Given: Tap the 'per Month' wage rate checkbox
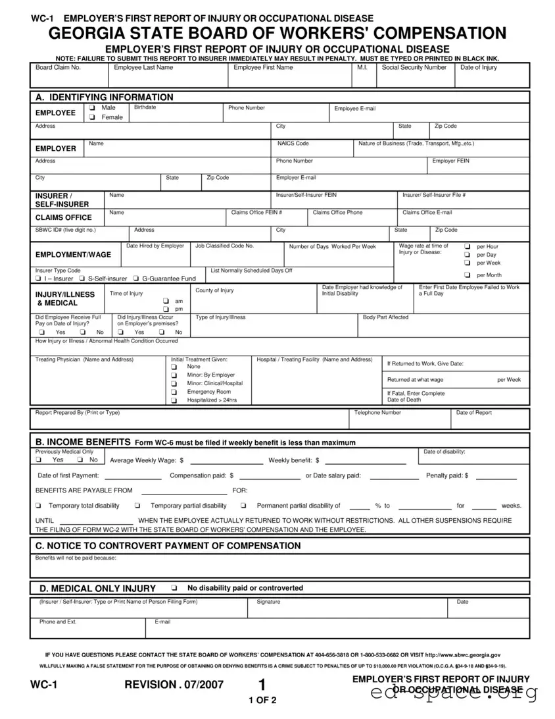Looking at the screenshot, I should coord(468,275).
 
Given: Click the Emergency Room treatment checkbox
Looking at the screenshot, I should coord(174,392).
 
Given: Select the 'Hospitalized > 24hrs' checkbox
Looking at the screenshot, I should coord(174,400).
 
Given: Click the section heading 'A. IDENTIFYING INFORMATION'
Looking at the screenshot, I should coord(105,97).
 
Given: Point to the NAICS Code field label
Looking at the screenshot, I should coord(293,144).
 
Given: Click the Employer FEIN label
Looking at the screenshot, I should coord(450,161).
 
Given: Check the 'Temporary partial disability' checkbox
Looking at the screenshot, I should coord(137,506).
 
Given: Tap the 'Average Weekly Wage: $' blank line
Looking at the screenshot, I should coord(224,460).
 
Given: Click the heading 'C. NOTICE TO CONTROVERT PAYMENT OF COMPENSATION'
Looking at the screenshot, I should coord(168,546).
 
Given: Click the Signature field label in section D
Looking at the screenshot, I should coord(268,602).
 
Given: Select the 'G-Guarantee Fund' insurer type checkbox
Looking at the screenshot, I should coord(136,279).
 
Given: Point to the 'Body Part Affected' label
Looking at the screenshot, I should coord(385,317).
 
